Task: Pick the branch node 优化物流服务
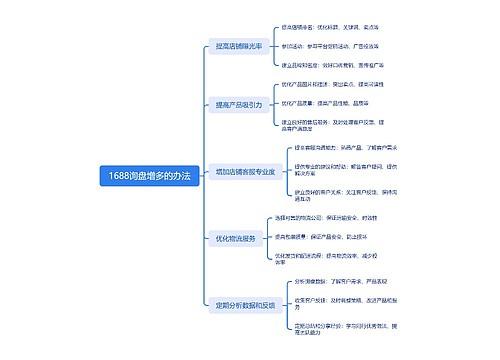tap(235, 239)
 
